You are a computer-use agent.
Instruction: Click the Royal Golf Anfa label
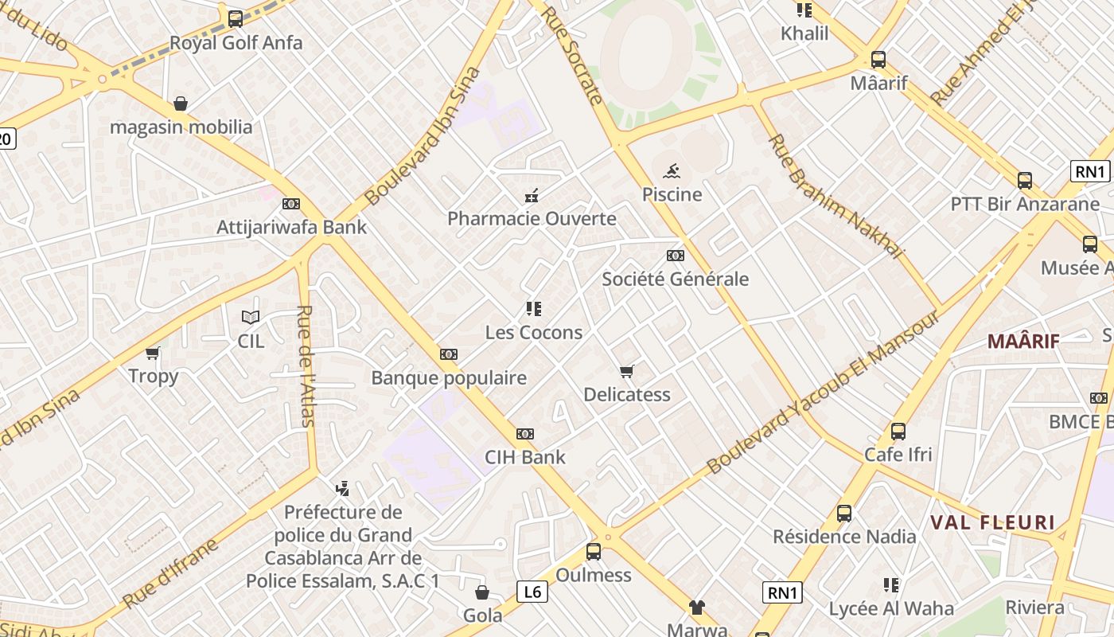236,43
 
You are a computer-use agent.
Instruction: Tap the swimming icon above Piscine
672,170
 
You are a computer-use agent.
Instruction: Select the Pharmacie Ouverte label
532,218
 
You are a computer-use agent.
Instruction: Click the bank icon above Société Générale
675,256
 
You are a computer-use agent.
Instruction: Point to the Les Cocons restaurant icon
533,309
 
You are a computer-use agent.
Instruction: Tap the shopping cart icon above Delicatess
627,371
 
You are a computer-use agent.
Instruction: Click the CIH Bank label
525,457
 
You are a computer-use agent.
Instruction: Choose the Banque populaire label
449,377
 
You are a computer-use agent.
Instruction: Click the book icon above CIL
251,318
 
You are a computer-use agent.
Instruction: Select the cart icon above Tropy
153,353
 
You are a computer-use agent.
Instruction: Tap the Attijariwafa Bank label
291,227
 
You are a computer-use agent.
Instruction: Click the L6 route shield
532,592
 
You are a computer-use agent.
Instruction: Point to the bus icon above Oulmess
593,551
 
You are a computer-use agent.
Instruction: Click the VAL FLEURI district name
992,523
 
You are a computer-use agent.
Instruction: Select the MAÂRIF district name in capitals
1023,342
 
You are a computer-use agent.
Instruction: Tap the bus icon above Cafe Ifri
898,432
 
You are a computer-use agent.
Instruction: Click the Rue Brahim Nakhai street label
835,196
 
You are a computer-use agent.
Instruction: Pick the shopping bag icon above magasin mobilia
181,104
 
